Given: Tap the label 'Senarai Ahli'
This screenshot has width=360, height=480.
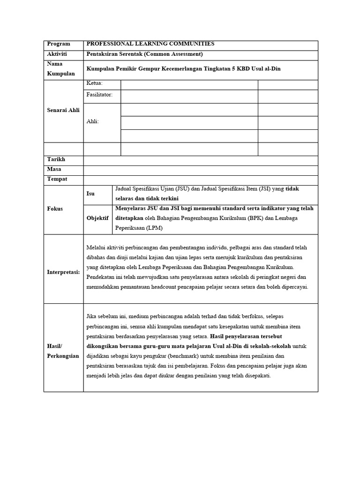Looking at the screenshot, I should click(x=63, y=110).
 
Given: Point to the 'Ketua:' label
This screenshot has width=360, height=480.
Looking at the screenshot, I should click(x=95, y=83).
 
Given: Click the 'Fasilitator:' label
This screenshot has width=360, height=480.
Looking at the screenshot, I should click(x=100, y=95).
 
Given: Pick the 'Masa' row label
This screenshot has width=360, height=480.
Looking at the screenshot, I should click(x=54, y=169).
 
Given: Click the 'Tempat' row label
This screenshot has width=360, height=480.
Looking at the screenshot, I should click(x=57, y=179).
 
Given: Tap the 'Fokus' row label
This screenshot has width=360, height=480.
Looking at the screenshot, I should click(x=55, y=209).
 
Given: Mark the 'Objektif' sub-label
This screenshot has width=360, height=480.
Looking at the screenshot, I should click(x=97, y=218).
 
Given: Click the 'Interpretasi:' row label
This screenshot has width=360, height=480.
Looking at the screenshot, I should click(x=63, y=272).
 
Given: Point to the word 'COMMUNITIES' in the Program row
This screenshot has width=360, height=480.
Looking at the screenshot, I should click(x=192, y=44).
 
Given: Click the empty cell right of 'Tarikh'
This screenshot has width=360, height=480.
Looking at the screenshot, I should click(x=200, y=160).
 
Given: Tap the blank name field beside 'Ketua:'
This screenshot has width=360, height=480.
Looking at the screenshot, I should click(x=189, y=84).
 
